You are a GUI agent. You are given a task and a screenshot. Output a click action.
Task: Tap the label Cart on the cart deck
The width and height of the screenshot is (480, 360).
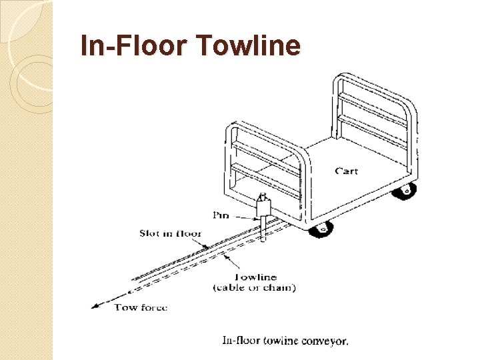pos(346,171)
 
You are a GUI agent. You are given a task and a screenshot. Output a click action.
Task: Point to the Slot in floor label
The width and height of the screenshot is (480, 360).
pos(170,233)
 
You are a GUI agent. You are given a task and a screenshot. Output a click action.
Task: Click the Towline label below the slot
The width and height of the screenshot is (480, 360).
pos(255,277)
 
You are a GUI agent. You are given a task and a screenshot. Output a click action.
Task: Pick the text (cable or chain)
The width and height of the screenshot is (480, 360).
pos(254,287)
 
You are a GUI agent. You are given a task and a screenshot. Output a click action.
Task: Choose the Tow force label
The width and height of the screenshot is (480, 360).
pos(141,307)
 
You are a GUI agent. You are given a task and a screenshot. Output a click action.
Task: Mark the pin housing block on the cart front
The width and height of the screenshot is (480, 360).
pos(263,209)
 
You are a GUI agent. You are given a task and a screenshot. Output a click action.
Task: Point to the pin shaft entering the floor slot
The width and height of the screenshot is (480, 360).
pos(263,230)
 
